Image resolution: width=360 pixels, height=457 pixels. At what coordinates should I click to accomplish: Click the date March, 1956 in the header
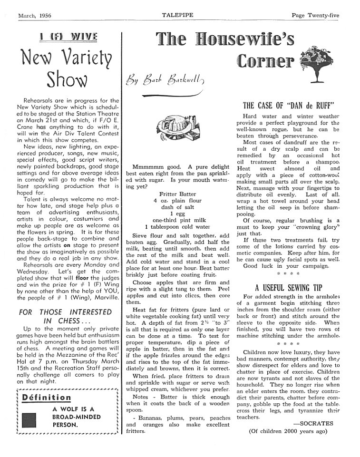coord(35,16)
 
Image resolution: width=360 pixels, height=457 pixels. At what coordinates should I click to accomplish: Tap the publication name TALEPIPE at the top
coord(176,16)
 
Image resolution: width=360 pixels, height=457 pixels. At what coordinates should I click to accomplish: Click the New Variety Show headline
coord(67,68)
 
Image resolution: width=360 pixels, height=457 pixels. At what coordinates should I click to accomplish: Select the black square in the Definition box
coord(29,420)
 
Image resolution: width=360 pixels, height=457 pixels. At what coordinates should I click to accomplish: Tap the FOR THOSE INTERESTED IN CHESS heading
coord(60,316)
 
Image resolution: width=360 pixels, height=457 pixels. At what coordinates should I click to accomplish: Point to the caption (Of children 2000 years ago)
coord(288,431)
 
